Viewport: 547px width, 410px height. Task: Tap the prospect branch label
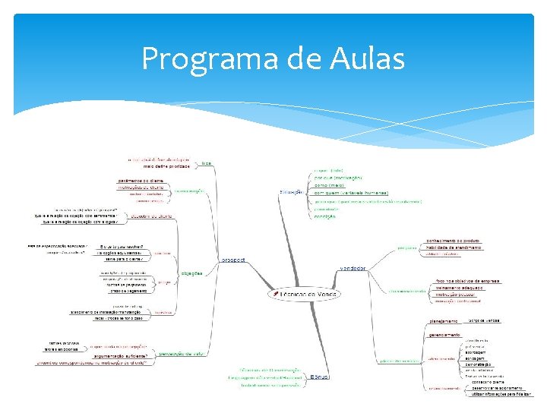coord(233,260)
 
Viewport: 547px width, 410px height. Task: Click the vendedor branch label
coord(353,268)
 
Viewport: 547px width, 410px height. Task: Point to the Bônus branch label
coord(320,376)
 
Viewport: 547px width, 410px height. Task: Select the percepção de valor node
coord(180,354)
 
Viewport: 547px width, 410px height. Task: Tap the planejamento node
coord(444,320)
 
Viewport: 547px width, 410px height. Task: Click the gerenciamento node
coord(445,334)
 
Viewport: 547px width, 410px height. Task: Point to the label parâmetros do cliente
coord(141,180)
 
